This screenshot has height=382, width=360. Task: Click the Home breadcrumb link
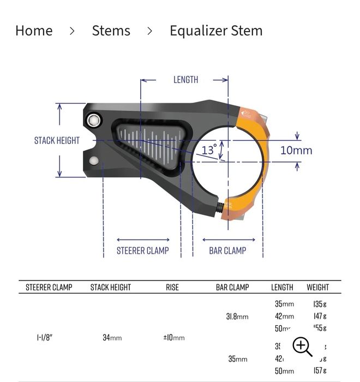[34, 31]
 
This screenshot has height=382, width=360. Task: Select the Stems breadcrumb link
[111, 31]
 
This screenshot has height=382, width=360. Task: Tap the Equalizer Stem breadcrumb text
[216, 31]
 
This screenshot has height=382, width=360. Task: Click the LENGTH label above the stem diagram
[185, 80]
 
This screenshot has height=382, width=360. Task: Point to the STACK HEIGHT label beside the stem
[57, 140]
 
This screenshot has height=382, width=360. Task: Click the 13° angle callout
[209, 150]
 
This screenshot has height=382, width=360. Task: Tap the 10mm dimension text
[296, 150]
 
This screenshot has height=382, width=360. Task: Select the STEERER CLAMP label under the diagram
[142, 250]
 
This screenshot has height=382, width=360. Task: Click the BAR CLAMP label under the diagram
[227, 250]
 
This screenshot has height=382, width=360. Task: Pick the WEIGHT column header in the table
[317, 287]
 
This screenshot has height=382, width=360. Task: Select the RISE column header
[172, 287]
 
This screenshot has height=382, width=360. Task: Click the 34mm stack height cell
[112, 338]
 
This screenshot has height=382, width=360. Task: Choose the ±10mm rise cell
[173, 338]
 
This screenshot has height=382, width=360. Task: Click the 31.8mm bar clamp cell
[237, 317]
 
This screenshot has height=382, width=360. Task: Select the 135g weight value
[320, 304]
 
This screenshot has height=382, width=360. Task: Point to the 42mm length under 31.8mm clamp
[284, 316]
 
